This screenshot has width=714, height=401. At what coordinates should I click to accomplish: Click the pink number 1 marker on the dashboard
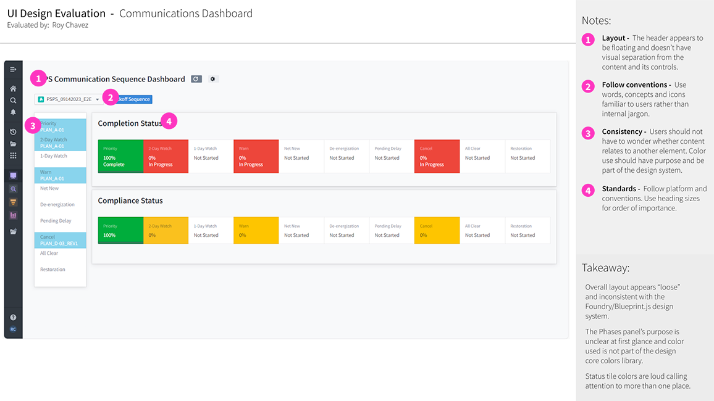pos(38,79)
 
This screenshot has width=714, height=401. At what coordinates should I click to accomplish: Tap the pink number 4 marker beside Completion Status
pos(169,122)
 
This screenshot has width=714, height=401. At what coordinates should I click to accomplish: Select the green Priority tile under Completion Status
pos(120,157)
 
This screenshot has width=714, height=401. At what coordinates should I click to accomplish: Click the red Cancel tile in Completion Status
pos(437,157)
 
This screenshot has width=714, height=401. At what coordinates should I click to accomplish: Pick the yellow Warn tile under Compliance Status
pos(256,230)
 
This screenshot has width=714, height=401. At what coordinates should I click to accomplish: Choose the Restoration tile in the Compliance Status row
pos(527,230)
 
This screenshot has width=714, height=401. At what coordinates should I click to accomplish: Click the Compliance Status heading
pos(130,200)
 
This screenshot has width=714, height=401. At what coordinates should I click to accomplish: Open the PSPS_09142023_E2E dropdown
pos(69,99)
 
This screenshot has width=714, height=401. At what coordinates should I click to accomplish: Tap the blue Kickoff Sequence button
pos(134,99)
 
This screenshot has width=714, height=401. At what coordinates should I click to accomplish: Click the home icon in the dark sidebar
pos(13,89)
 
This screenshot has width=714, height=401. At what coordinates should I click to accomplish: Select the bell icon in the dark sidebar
pos(13,112)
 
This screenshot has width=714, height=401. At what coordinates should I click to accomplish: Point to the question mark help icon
pos(13,318)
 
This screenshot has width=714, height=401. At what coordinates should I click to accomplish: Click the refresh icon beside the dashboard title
pos(196,79)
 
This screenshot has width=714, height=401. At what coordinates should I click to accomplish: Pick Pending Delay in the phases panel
pos(56,221)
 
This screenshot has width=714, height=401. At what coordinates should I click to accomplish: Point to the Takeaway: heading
pos(605,268)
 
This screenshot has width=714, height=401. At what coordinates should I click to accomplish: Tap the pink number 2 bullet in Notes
pos(588,86)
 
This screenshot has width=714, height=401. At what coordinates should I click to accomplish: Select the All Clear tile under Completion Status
pos(482,157)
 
